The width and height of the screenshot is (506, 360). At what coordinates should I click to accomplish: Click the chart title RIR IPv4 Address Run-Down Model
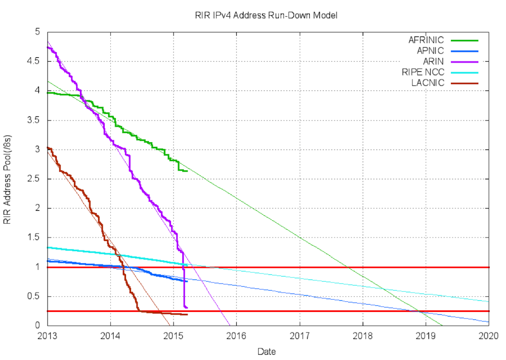[x=266, y=15]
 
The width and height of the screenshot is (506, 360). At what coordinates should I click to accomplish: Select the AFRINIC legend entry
[x=426, y=39]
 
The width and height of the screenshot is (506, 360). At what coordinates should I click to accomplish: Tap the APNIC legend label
[x=430, y=51]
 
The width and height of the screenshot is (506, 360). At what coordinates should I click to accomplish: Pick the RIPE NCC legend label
[x=423, y=72]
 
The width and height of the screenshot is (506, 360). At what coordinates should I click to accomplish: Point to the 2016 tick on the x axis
[x=236, y=335]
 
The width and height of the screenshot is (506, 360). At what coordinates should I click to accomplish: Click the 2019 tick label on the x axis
[x=426, y=335]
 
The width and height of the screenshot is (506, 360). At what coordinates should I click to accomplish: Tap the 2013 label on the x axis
[x=47, y=335]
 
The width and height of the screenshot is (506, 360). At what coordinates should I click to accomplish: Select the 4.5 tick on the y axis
[x=36, y=61]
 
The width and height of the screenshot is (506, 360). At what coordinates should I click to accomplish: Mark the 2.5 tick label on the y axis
[x=36, y=179]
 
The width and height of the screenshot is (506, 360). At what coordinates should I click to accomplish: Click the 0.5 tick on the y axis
[x=36, y=296]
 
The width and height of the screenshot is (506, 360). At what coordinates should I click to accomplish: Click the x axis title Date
[x=266, y=351]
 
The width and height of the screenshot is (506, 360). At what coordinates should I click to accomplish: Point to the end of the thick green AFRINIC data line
[x=187, y=171]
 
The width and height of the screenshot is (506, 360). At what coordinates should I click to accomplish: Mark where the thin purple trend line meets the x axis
[x=230, y=326]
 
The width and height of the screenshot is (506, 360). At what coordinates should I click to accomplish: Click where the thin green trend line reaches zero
[x=443, y=326]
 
